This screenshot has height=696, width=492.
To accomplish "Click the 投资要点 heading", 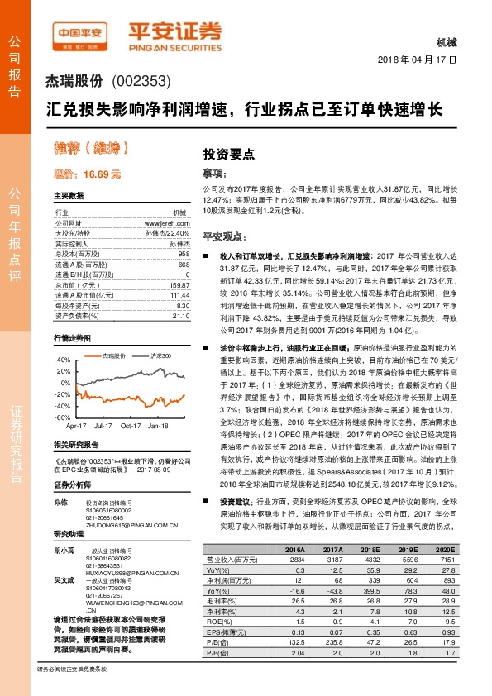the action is pyautogui.click(x=230, y=154).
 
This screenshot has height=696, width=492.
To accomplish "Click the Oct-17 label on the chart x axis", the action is pyautogui.click(x=131, y=425).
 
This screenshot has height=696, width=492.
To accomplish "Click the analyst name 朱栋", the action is pyautogui.click(x=60, y=502).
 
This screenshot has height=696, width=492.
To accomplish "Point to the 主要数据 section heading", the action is pyautogui.click(x=69, y=196).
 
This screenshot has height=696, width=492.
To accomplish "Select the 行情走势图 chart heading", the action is pyautogui.click(x=70, y=340).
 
